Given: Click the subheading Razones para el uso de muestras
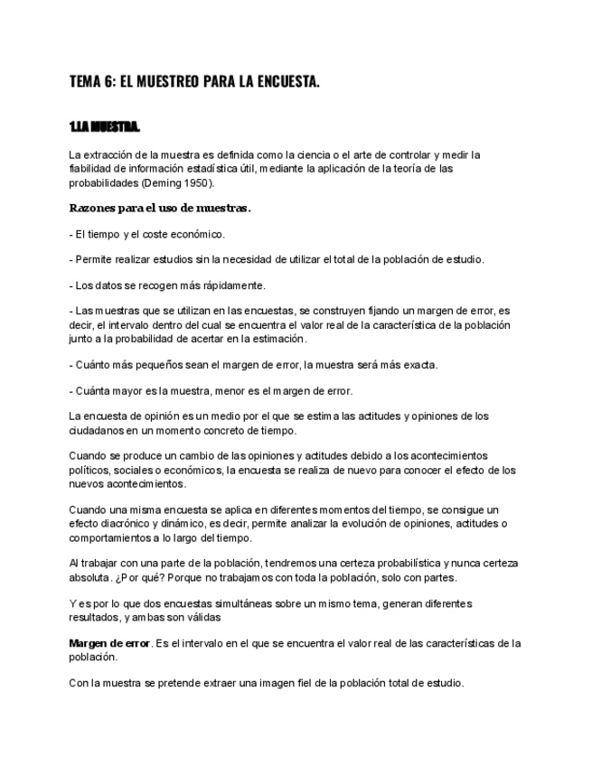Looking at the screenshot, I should [x=159, y=208].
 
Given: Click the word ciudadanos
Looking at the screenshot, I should [x=99, y=431].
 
